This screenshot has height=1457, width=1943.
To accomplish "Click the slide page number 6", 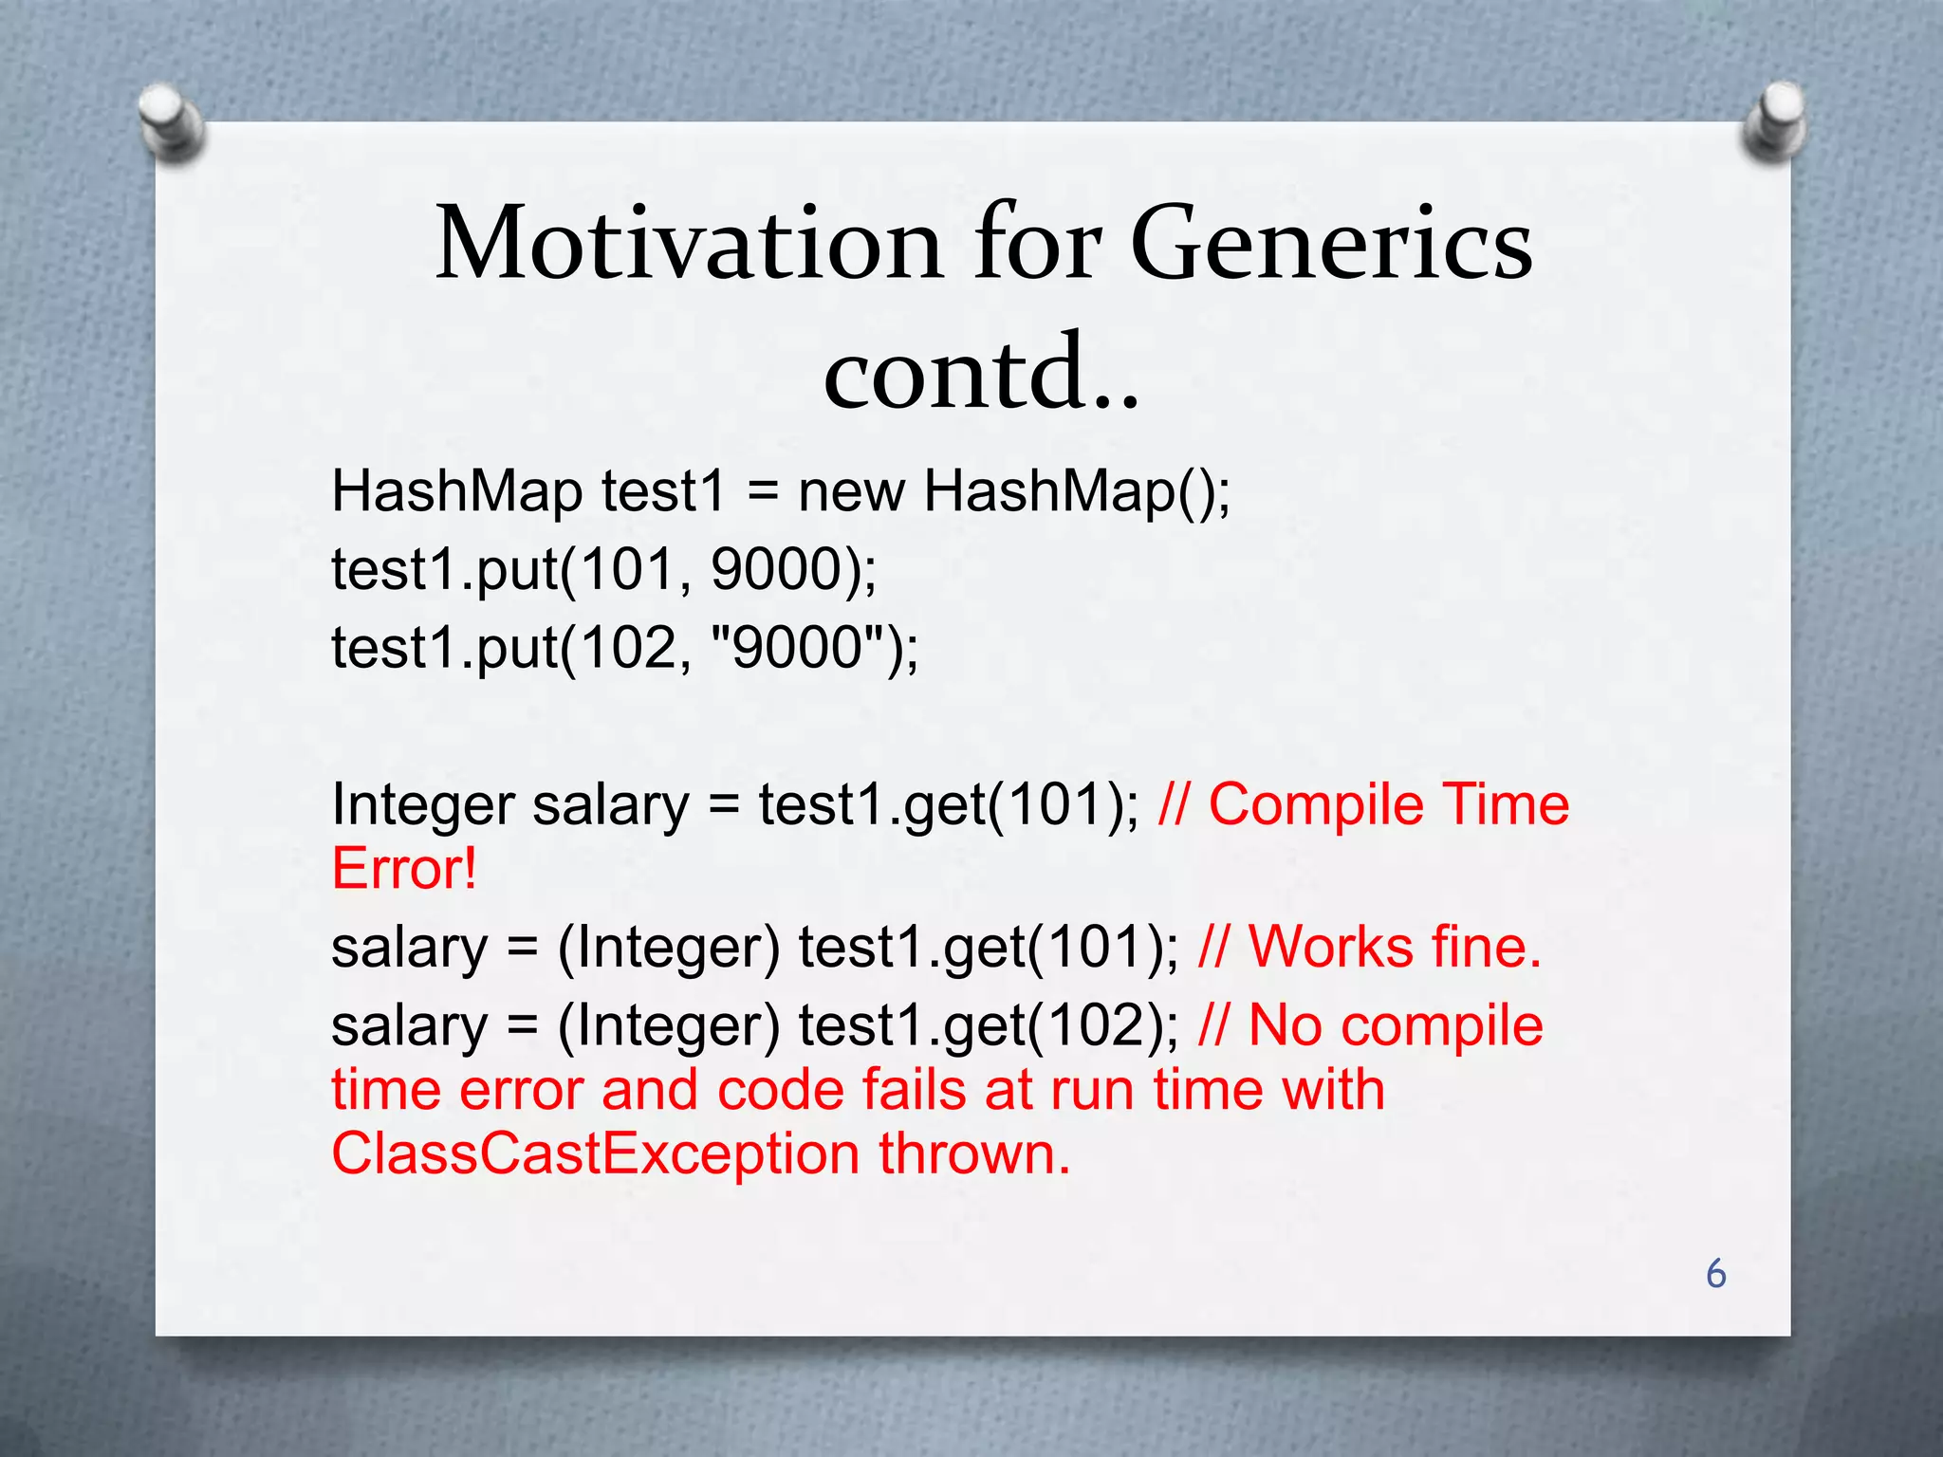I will [x=1715, y=1274].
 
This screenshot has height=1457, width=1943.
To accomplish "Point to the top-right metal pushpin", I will [x=1773, y=119].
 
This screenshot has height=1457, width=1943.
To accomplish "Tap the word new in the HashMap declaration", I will [x=851, y=492].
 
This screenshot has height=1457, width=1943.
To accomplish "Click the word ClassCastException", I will [x=595, y=1154].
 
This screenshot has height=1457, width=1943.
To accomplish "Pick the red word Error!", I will [x=404, y=868].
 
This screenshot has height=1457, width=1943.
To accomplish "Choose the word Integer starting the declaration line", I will [x=422, y=806].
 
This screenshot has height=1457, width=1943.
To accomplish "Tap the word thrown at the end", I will [x=973, y=1154].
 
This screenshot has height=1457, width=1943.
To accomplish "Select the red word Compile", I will [x=1316, y=805].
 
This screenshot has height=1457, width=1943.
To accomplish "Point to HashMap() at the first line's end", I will [x=1077, y=492].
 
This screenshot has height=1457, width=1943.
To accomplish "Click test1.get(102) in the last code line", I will [x=987, y=1026].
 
